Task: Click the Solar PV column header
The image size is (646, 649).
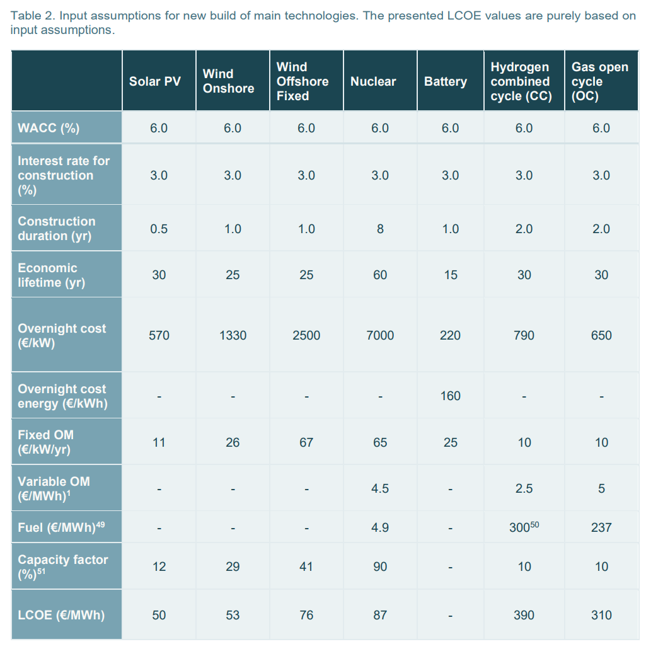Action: pos(155,81)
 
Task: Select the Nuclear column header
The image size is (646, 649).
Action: pos(373,81)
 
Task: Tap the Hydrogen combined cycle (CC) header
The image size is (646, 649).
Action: pos(521,81)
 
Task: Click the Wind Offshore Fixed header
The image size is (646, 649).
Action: pos(302,81)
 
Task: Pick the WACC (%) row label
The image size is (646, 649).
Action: pos(49,128)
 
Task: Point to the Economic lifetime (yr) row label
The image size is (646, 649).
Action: pos(51,275)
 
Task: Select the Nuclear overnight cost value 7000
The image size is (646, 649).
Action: pos(380,335)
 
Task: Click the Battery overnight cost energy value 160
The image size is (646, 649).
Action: pos(450,396)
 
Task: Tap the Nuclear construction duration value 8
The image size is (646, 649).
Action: pos(380,229)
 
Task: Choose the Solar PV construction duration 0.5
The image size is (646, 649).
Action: pos(159,229)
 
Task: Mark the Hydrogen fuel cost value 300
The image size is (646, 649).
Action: pos(521,527)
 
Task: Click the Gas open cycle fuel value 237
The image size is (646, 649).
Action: pos(601,527)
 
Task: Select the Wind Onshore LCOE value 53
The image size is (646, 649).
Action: pos(233,615)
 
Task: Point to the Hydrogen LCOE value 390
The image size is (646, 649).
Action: pos(524,615)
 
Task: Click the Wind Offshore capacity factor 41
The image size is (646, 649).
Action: pos(306,566)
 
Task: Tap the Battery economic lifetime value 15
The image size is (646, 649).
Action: pos(450,275)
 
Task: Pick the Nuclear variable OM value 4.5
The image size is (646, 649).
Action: pos(380,488)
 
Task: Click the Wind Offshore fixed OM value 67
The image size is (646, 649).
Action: pos(306,442)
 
